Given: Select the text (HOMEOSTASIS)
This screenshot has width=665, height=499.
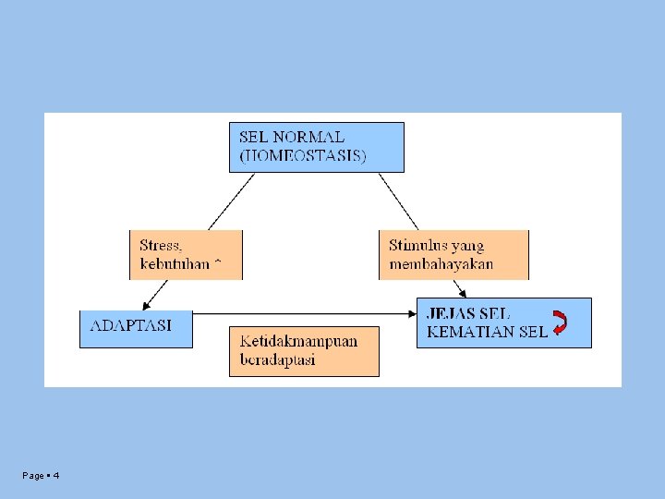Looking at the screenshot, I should pos(303,155).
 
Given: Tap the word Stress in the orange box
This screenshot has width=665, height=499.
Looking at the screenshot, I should pos(160,246).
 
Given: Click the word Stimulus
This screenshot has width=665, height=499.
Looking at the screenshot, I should pos(418,246).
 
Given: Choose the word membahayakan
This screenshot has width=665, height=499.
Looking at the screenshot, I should pos(441,264).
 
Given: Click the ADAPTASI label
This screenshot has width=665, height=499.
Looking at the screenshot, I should pos(130,325).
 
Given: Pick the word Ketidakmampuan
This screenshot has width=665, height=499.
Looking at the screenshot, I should pos(298,340).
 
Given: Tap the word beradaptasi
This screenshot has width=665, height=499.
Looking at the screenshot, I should pos(277,359).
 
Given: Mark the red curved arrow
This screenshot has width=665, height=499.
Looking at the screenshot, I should pos(560,323).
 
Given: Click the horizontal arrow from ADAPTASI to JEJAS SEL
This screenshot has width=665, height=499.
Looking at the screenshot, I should pos(305,314).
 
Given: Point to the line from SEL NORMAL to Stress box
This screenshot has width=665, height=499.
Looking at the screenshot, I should pos(231,201).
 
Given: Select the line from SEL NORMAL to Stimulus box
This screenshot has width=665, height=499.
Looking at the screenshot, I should pos(398,201).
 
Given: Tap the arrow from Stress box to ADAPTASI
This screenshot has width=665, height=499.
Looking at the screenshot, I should pos(155,294).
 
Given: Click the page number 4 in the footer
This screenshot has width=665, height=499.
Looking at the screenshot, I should pos(56,475).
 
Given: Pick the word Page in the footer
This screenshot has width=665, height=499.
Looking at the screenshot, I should pos(33,475).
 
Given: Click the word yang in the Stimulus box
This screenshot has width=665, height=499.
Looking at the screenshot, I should pos(468,246).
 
